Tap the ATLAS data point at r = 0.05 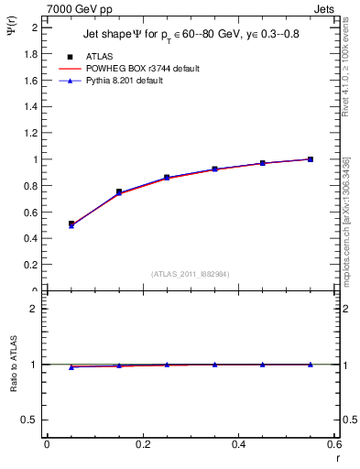(71, 224)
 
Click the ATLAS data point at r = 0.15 (119, 191)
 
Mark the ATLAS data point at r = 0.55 (311, 159)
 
